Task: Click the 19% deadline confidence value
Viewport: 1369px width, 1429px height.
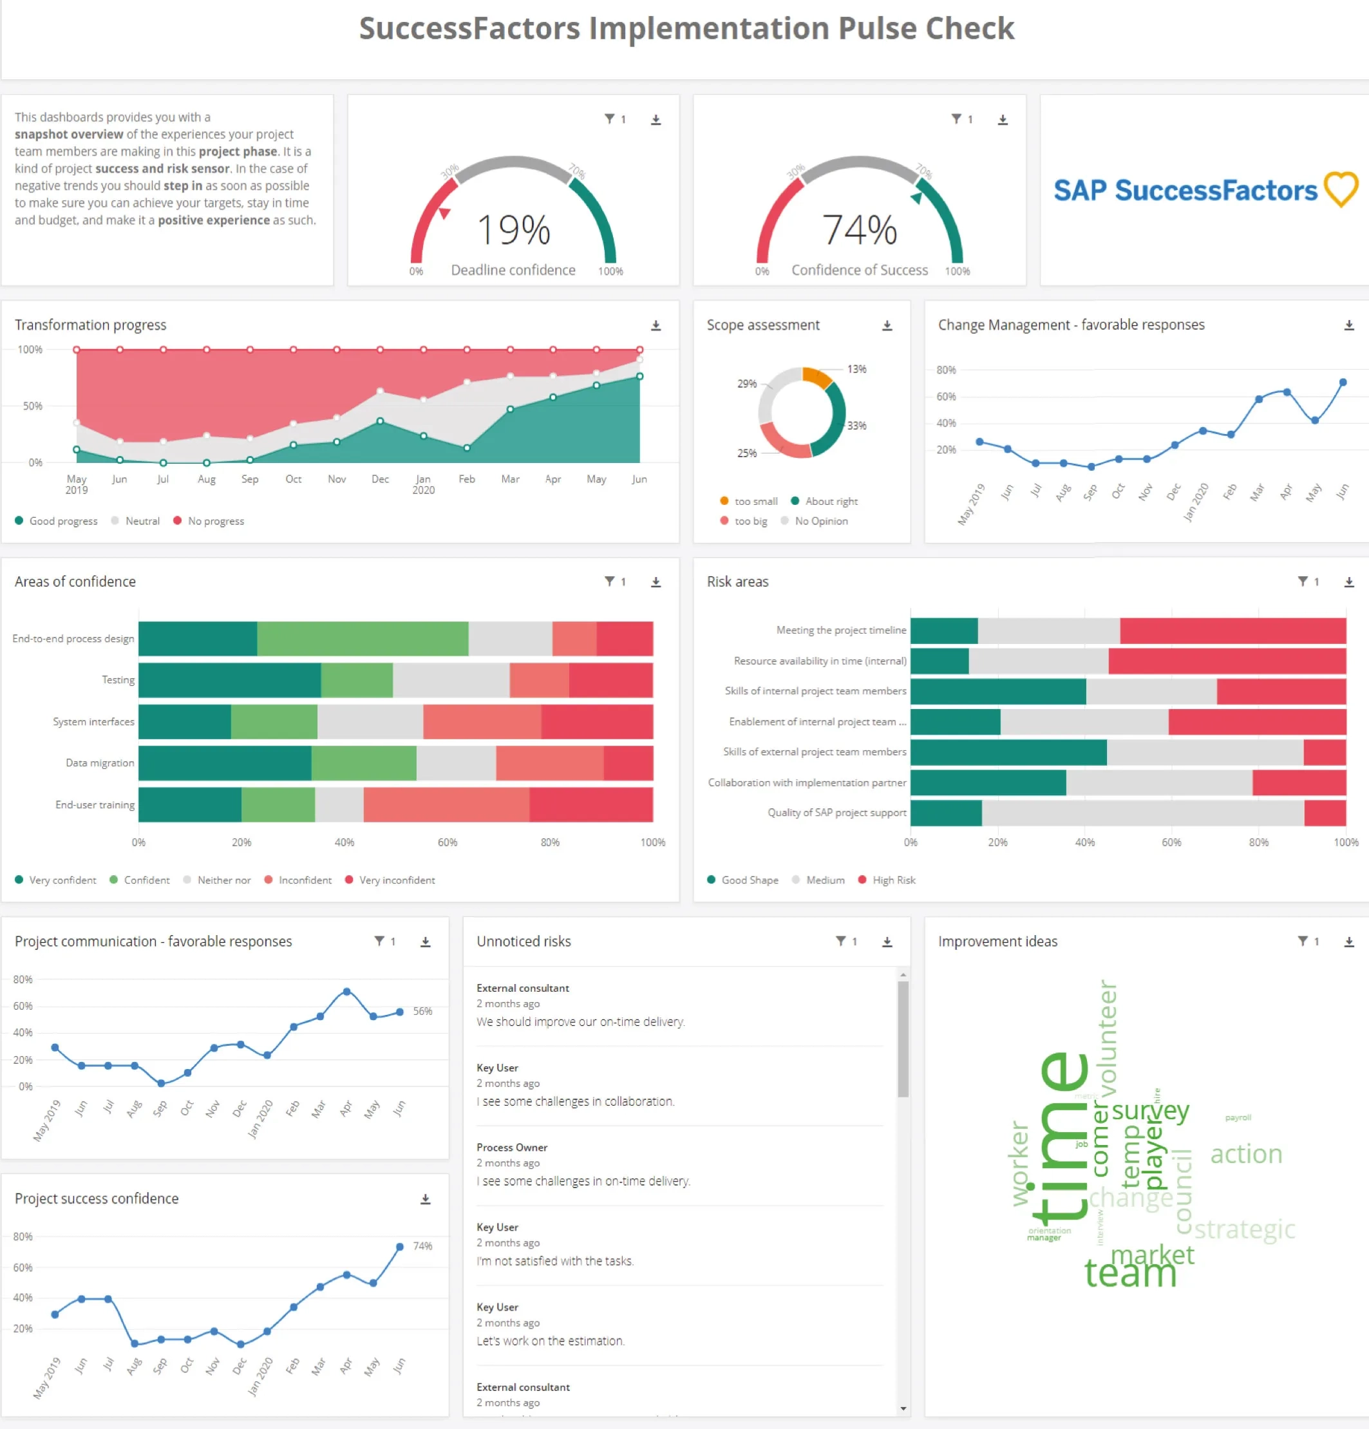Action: [x=513, y=230]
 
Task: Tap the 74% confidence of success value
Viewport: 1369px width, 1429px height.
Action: [x=859, y=230]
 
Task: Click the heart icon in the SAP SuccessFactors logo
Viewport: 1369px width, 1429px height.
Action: [x=1341, y=189]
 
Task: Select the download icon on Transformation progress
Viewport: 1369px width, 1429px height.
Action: [x=656, y=325]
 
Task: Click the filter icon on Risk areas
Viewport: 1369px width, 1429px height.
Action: [x=1302, y=581]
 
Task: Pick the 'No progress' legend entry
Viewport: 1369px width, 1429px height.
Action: [x=215, y=520]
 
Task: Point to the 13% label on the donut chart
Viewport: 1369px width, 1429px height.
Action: [x=856, y=369]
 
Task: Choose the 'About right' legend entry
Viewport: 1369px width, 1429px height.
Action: [x=830, y=501]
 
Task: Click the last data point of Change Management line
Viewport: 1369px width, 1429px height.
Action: [x=1342, y=382]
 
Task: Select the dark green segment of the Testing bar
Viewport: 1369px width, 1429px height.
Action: [x=229, y=679]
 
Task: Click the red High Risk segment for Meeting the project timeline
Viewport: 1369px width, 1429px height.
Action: [x=1232, y=630]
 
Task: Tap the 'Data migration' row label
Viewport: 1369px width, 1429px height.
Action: [x=100, y=762]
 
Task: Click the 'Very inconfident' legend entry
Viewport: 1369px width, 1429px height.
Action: [x=396, y=880]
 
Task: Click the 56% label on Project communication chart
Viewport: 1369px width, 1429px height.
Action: [x=423, y=1010]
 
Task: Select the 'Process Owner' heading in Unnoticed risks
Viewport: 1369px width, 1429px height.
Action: [x=512, y=1147]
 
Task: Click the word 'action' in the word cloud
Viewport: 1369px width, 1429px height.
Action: [x=1245, y=1153]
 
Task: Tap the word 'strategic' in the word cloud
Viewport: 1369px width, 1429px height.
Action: [x=1243, y=1229]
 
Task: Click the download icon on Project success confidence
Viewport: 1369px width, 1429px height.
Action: [x=425, y=1198]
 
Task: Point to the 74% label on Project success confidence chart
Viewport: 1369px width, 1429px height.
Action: [x=423, y=1246]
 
